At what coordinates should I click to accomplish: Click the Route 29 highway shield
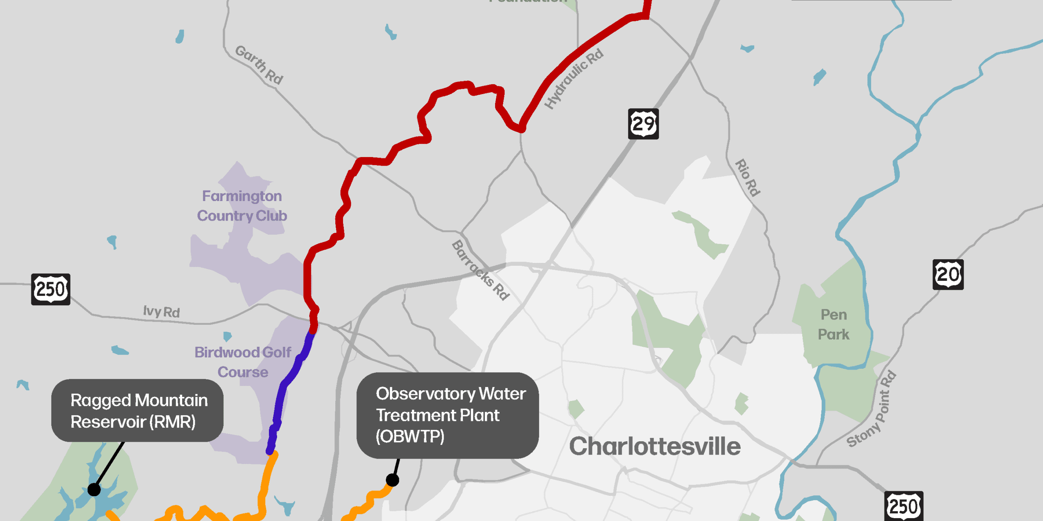[x=643, y=124]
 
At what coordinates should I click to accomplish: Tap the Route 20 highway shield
[x=948, y=274]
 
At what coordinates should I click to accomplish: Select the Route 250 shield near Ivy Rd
[x=51, y=289]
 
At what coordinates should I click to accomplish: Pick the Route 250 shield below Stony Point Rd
[x=904, y=506]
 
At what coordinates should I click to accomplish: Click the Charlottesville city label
[x=655, y=446]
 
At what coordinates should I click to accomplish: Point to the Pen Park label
[x=834, y=324]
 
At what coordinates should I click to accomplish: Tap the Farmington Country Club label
[x=242, y=206]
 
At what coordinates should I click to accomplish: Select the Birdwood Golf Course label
[x=243, y=362]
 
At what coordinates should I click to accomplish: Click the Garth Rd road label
[x=260, y=65]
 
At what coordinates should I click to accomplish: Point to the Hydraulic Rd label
[x=574, y=79]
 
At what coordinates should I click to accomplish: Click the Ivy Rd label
[x=161, y=312]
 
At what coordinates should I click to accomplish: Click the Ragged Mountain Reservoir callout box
[x=137, y=410]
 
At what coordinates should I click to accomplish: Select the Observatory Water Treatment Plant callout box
[x=447, y=415]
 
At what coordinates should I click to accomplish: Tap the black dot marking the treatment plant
[x=392, y=480]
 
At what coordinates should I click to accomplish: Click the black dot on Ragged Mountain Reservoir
[x=94, y=489]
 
